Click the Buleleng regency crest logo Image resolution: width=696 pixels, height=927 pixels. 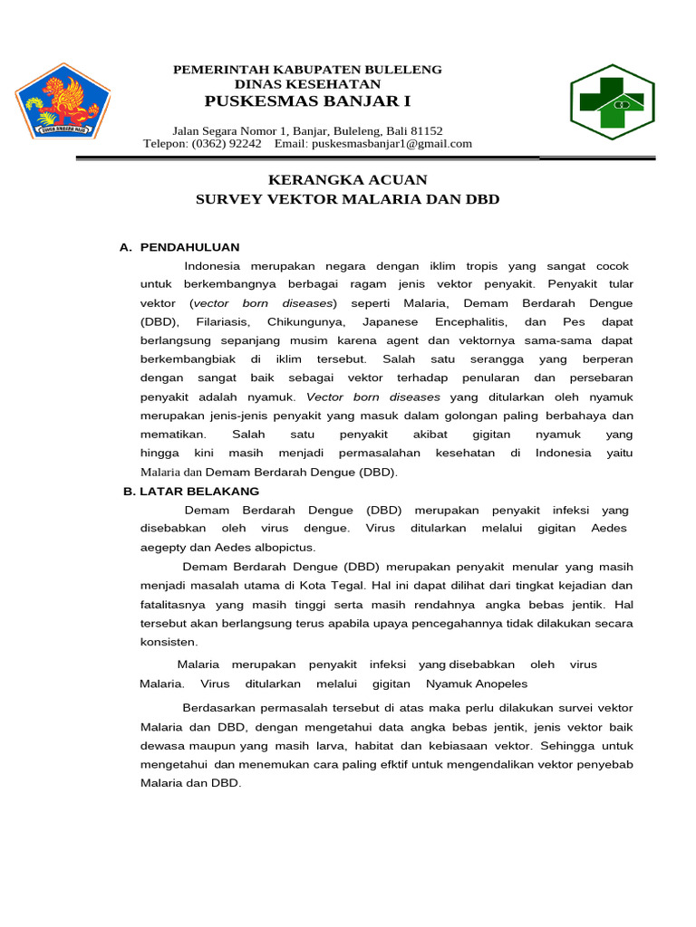[62, 100]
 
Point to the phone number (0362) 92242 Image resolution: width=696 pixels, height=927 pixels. [225, 144]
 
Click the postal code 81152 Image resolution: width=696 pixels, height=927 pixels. [427, 130]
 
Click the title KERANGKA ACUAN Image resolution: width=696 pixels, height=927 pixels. [347, 180]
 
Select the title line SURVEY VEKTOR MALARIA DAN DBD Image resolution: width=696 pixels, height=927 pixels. [347, 198]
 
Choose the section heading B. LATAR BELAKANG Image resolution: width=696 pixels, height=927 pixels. [191, 492]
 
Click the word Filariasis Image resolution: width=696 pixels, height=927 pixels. [214, 322]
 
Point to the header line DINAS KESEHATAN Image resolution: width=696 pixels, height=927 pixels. [307, 83]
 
